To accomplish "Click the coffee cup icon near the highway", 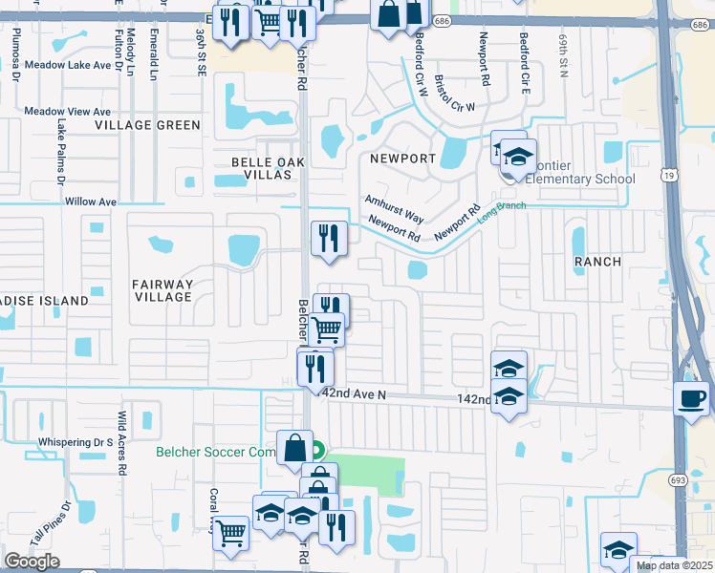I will (x=692, y=396).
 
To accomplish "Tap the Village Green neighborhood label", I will (x=148, y=125).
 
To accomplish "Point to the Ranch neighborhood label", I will (x=597, y=261).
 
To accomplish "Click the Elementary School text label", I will (x=587, y=179).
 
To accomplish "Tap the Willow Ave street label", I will (x=91, y=202).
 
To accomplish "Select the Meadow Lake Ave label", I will (x=69, y=65).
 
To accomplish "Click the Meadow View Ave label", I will (x=69, y=111).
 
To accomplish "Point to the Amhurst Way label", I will (x=393, y=208).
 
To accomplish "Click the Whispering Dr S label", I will (x=76, y=442).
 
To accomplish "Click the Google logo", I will (x=32, y=562).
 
